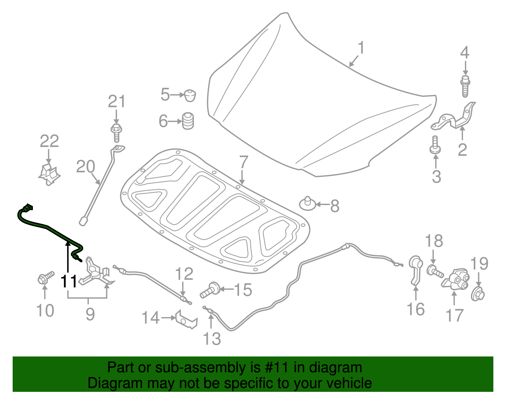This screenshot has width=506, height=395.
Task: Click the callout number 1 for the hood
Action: tap(361, 48)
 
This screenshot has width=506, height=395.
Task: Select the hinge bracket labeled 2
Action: tap(453, 116)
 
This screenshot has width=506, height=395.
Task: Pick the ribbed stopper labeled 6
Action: tap(188, 121)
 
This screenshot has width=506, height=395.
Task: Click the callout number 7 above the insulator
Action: tap(243, 162)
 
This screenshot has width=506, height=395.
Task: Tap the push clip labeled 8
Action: tap(307, 204)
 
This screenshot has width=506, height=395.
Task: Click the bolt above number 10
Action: tap(46, 277)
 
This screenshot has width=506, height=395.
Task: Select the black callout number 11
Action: tap(69, 281)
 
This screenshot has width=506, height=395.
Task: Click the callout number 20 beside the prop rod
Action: tap(86, 166)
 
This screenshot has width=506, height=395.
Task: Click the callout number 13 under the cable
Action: tap(212, 339)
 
